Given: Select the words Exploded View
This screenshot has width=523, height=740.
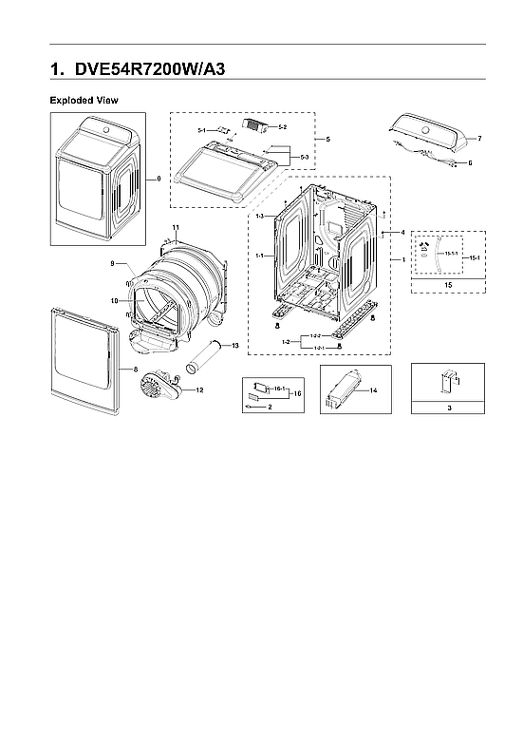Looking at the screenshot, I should click(x=84, y=100).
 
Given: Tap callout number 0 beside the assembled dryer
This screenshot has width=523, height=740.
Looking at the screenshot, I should click(x=158, y=178).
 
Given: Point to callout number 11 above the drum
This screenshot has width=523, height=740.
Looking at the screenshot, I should click(x=176, y=226).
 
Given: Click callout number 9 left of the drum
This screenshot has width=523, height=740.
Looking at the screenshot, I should click(x=112, y=262).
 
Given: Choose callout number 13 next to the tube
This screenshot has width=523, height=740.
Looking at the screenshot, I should click(x=235, y=345).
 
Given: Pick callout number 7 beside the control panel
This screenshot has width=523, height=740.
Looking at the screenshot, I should click(x=479, y=139).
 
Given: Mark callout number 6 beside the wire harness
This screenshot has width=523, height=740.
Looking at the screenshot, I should click(x=469, y=162).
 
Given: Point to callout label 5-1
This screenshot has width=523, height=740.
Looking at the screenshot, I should click(x=202, y=130).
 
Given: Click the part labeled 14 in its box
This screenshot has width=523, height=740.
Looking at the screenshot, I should click(x=343, y=390).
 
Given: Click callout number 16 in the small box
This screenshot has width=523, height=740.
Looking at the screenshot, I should click(x=296, y=392).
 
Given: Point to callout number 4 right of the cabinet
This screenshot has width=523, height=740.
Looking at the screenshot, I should click(x=402, y=232).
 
